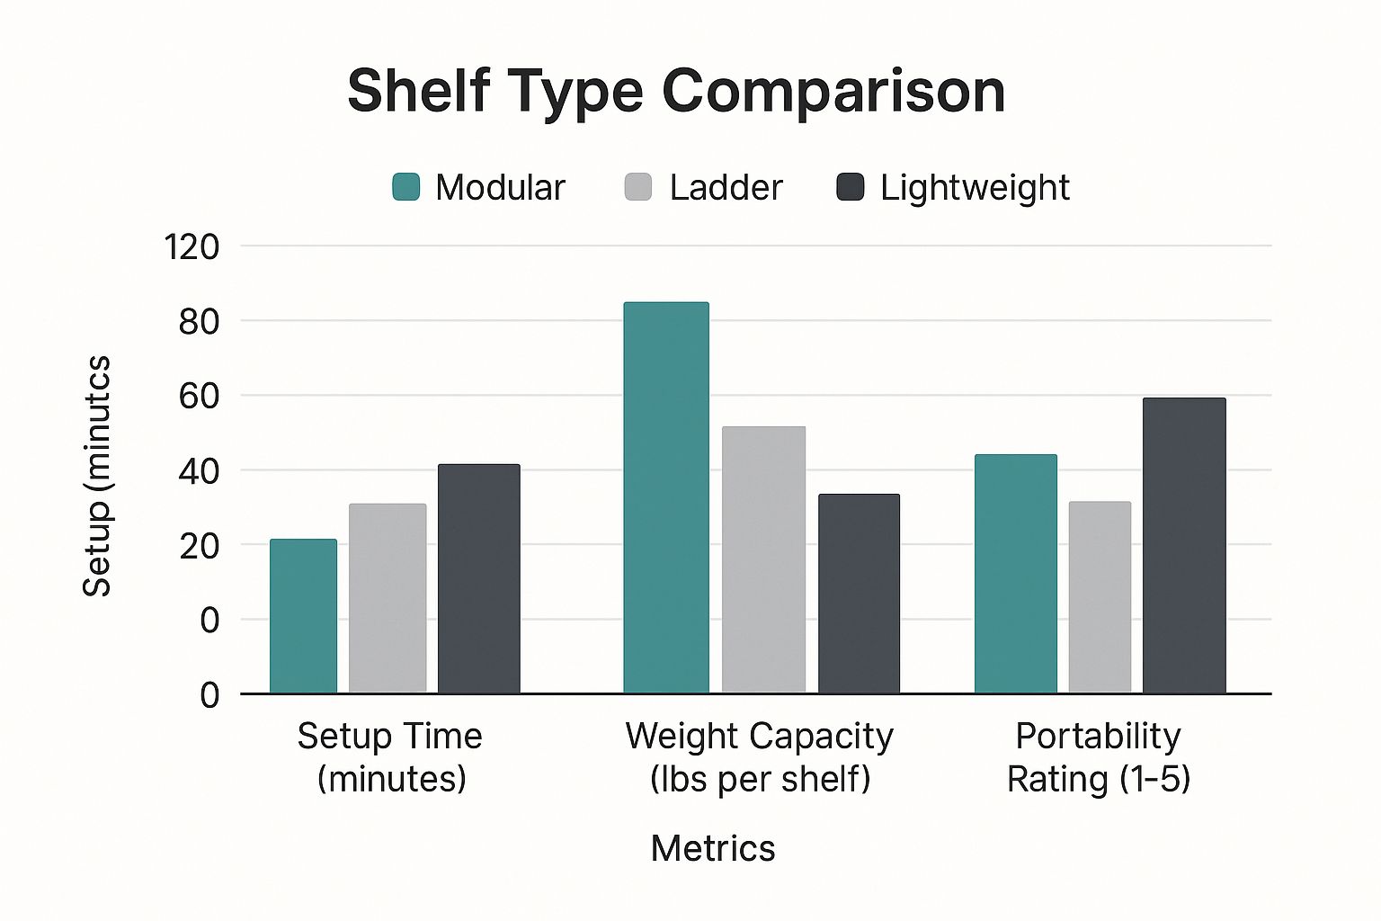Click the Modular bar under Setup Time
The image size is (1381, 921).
point(303,617)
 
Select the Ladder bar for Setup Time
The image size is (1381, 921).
point(388,599)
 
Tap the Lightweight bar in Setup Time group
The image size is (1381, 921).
point(478,579)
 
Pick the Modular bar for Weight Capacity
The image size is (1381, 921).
point(666,498)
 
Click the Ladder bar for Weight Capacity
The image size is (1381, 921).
point(763,559)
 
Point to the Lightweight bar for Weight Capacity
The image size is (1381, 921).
point(859,594)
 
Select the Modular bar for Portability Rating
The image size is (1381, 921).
point(1015,574)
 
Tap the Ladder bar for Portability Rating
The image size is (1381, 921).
point(1100,597)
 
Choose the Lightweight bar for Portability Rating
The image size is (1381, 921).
point(1184,546)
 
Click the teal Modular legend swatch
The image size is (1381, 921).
point(406,187)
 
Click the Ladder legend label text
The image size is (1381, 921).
point(726,187)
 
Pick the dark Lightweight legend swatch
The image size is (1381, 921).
point(850,187)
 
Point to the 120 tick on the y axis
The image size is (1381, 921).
point(191,246)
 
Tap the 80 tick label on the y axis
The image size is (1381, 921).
point(199,321)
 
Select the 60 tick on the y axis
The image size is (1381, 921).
point(199,396)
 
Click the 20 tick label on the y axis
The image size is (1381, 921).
point(199,545)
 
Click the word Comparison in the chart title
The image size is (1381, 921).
point(833,91)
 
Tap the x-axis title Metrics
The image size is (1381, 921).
point(712,848)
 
